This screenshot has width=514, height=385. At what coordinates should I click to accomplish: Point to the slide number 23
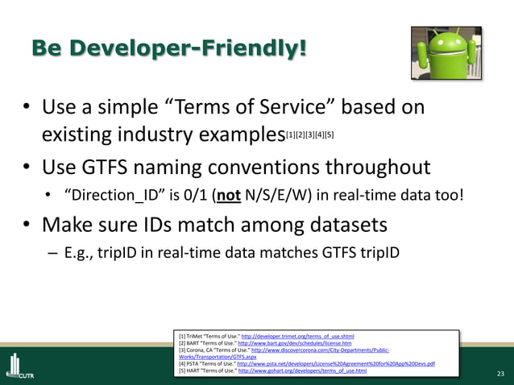(x=499, y=374)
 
